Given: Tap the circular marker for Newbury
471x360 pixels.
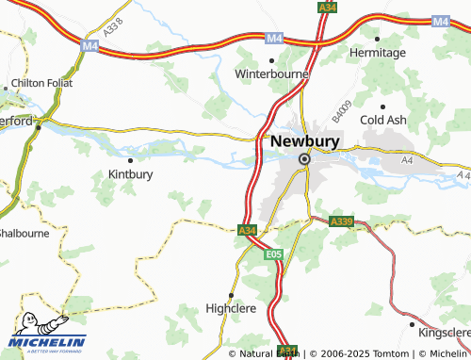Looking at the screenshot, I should [x=304, y=159].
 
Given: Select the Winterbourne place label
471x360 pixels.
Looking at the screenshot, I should [x=272, y=73].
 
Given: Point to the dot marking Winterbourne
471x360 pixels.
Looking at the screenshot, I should [x=272, y=59].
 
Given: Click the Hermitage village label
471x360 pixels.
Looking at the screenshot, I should [x=379, y=53].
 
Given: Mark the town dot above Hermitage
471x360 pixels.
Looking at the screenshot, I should [x=379, y=39].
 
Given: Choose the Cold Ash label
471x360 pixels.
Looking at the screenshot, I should [x=383, y=121].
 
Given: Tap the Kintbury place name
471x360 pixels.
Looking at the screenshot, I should [x=131, y=173].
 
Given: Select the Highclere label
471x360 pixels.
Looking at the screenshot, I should [x=231, y=307].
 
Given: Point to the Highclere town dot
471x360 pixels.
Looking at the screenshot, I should [x=231, y=294].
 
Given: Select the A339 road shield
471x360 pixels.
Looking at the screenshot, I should [x=341, y=221].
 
